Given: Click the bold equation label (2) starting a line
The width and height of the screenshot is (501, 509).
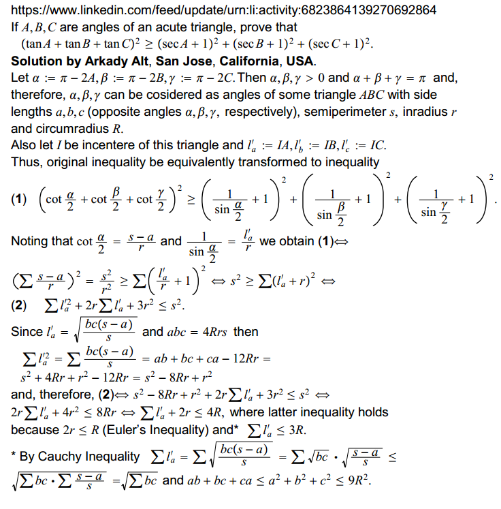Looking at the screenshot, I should click(x=20, y=304).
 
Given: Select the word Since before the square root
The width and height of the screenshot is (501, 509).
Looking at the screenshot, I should click(x=27, y=333).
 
